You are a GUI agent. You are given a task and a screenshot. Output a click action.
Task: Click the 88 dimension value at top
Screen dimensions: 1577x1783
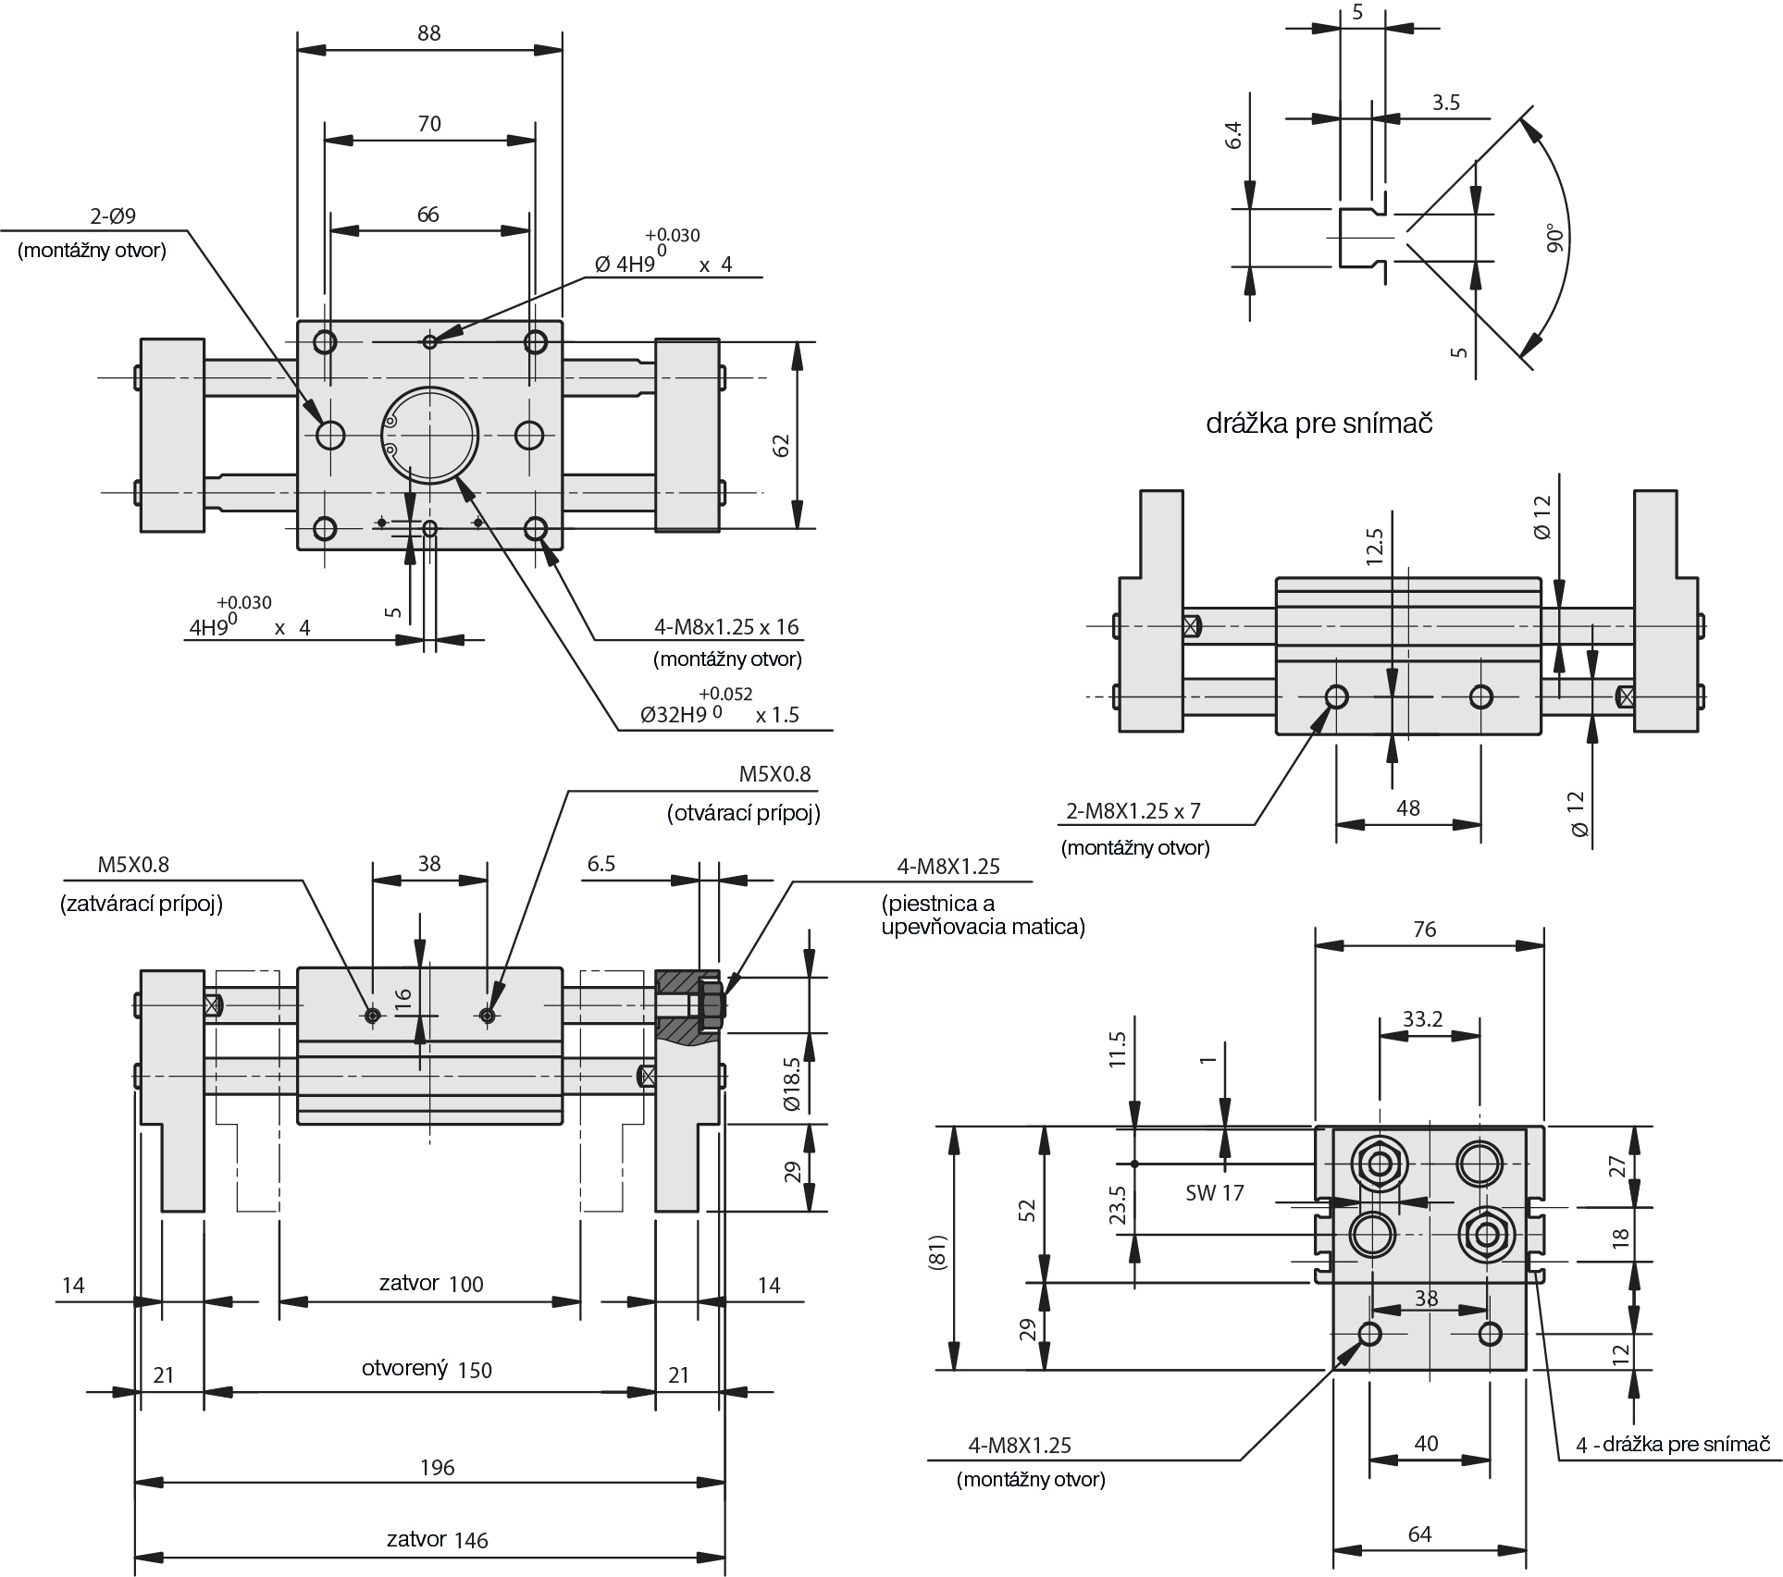click(x=429, y=33)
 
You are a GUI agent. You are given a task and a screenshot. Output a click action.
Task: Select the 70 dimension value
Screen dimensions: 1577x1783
click(x=429, y=124)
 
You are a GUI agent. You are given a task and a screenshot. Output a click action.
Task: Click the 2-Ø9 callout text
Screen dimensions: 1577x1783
click(x=113, y=216)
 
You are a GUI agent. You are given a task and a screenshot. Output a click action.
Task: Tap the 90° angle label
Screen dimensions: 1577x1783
click(x=1555, y=238)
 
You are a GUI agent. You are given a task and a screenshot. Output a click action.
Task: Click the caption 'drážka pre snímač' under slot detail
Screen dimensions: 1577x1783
click(x=1319, y=424)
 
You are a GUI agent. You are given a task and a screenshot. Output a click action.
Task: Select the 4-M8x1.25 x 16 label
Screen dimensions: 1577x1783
click(x=726, y=627)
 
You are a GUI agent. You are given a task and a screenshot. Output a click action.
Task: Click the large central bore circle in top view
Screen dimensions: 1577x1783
click(x=430, y=435)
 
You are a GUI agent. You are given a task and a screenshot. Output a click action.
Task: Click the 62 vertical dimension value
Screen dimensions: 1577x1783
click(x=782, y=445)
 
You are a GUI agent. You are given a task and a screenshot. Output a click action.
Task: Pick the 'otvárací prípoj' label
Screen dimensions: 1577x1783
click(x=744, y=813)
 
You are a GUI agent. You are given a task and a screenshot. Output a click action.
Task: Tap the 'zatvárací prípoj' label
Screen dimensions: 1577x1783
click(x=142, y=904)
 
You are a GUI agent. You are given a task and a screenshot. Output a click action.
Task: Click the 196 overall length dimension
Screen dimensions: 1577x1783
click(x=437, y=1467)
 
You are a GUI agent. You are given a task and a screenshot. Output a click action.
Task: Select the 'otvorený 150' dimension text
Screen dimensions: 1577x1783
click(x=427, y=1369)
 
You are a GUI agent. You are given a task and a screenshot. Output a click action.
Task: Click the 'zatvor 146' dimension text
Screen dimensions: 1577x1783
click(x=437, y=1539)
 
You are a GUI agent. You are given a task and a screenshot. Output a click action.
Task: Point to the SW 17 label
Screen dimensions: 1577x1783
click(x=1214, y=1193)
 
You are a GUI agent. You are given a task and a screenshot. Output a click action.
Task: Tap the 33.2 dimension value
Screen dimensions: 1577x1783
click(x=1423, y=1019)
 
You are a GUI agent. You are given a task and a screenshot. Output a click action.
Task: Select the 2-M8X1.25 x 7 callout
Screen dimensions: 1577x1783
click(x=1133, y=811)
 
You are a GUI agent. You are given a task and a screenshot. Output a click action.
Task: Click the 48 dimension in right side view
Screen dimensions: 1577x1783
click(x=1407, y=808)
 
